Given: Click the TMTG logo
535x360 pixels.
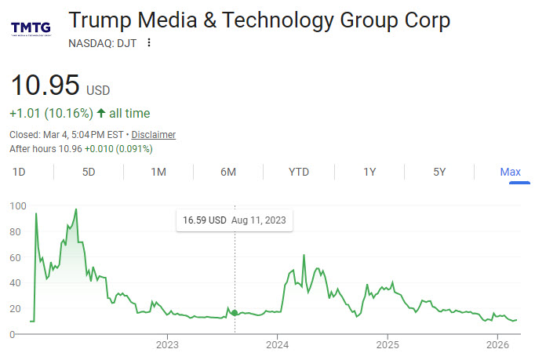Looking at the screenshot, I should coord(31,29).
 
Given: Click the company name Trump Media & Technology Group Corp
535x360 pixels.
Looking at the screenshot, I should coord(259,20).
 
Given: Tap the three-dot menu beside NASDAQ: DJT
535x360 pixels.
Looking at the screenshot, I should coord(149,43).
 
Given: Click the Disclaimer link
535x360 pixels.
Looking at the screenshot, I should coord(153,135).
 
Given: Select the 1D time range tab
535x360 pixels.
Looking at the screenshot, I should coord(20,172).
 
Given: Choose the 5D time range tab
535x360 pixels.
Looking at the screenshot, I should coord(89,172).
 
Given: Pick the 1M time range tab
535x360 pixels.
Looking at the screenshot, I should coord(158,172).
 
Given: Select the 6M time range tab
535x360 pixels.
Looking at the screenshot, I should coord(228,172).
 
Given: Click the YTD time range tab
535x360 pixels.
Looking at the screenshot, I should coord(298,172).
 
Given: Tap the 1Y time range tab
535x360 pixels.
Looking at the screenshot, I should coord(369,172).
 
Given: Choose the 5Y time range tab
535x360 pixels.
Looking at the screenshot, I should coord(439,172).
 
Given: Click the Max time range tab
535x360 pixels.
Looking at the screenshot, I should coord(511,172).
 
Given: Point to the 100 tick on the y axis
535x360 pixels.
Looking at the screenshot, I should coord(17,206).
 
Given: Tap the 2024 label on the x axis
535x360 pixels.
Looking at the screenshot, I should coord(277,344).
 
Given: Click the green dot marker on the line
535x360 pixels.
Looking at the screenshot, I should coord(234,313).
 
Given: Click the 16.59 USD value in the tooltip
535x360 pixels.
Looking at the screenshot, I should coord(204,220).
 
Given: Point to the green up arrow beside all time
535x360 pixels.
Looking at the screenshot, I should coord(101,113).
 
